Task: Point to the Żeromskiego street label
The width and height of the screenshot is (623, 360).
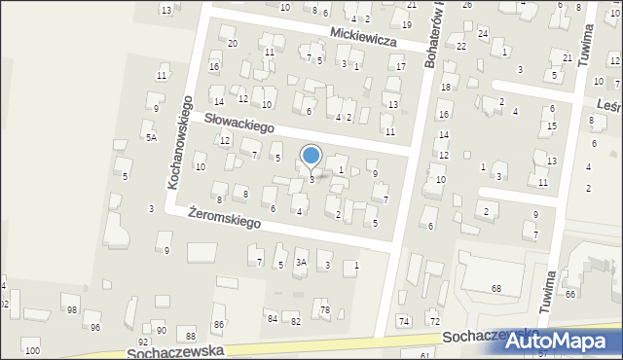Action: pos(225,216)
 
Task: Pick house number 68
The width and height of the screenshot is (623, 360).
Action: pos(495,289)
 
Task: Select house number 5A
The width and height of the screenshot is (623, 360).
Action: pos(151,138)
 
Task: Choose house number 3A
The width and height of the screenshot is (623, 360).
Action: pos(302,262)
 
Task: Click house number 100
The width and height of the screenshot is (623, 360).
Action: pos(32,350)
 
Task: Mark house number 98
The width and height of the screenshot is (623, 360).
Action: pos(71,310)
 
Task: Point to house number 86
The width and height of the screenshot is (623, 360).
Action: pos(219,324)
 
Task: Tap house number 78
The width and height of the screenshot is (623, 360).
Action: pos(325,310)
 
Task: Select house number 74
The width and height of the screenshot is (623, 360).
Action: pos(404,321)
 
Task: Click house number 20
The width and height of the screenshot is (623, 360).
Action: pos(232,44)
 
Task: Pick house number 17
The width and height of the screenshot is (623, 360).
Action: pos(400,66)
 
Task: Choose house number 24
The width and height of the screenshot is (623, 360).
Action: pos(482,34)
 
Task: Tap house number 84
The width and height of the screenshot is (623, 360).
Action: pos(272,319)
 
